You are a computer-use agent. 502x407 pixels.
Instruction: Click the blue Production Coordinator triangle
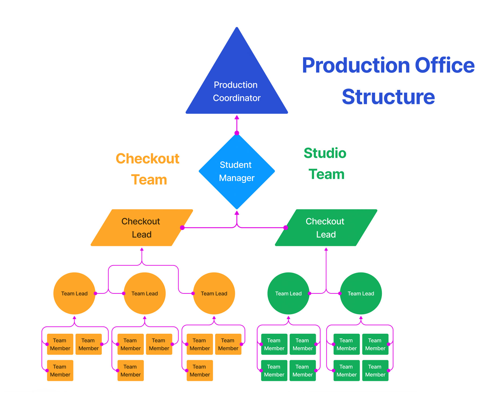(237, 86)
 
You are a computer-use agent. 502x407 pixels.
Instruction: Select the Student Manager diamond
(237, 171)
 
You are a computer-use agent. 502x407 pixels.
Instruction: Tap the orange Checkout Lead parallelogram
(141, 228)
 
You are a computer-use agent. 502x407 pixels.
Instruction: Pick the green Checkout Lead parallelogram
(326, 228)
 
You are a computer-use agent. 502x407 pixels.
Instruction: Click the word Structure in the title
(388, 97)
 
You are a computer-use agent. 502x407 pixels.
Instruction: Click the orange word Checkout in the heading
(147, 159)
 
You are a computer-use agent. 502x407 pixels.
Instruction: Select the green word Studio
(325, 153)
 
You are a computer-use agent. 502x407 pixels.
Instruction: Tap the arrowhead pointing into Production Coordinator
(237, 118)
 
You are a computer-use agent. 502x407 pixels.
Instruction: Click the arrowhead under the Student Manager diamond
(237, 213)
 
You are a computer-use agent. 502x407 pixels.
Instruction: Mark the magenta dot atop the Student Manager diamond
(237, 133)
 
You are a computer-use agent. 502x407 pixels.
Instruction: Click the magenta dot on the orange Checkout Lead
(182, 228)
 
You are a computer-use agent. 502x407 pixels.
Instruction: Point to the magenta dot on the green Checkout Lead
(286, 228)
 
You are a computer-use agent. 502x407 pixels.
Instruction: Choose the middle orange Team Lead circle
(144, 293)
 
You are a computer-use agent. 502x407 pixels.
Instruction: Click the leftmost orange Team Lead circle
(74, 293)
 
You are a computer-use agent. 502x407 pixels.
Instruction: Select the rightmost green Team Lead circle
(361, 293)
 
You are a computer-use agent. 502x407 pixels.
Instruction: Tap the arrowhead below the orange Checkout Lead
(142, 249)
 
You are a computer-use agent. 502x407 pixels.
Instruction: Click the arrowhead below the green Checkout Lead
(326, 249)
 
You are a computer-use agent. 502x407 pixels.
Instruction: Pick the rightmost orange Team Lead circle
(214, 293)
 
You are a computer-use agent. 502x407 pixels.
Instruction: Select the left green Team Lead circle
(288, 293)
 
